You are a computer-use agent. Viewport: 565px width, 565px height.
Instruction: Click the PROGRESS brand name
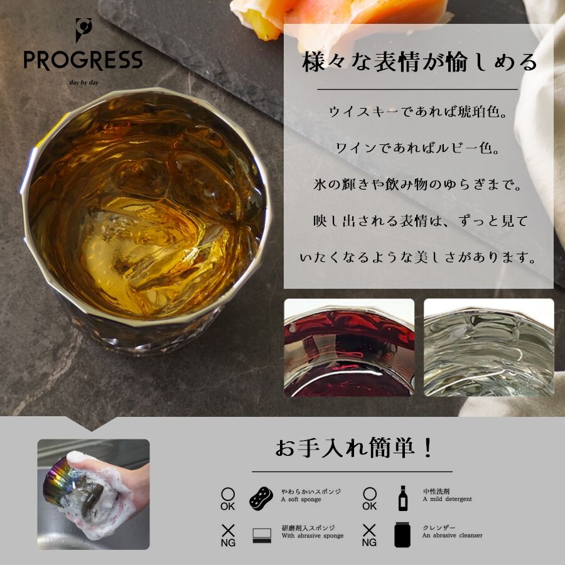point(83,60)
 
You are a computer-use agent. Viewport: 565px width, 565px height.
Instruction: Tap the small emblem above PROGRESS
point(82,30)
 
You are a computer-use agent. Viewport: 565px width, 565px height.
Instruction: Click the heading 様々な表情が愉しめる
point(419,63)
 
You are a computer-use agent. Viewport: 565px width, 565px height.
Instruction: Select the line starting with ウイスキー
point(418,112)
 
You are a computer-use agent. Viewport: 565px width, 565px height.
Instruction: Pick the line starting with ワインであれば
point(418,149)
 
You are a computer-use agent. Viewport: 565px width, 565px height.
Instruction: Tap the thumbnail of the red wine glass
point(349,347)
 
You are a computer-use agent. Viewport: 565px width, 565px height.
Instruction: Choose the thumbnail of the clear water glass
point(488,347)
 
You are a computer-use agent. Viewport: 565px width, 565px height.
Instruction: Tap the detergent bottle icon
point(402,497)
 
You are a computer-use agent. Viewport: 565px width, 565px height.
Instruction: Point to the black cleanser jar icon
point(402,535)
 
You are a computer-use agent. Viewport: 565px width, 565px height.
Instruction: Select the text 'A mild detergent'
point(447,500)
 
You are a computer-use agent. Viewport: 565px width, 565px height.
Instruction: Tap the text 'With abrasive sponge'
point(313,536)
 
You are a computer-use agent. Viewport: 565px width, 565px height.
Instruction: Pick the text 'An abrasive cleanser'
point(452,536)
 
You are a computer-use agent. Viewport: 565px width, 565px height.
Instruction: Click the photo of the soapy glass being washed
point(94,494)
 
